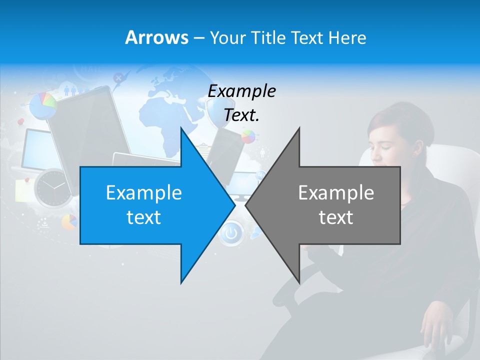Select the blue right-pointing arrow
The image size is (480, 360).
coord(150,205)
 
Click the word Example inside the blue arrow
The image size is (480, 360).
coord(144,192)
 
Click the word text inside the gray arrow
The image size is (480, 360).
coord(336,217)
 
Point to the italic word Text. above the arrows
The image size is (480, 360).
coord(241,115)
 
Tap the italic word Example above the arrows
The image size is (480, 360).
coord(241,91)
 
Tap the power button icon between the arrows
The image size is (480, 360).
coord(230,233)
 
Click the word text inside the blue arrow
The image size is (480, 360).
coord(144,217)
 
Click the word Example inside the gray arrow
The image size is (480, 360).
coord(336,192)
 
